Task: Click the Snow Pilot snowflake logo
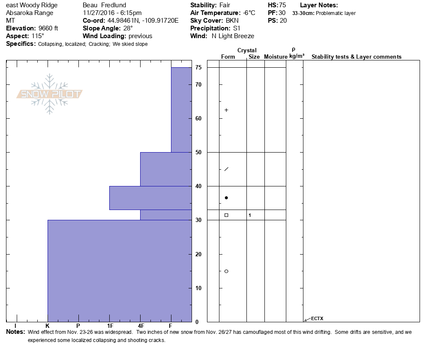[50, 94]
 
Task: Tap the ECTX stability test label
[317, 318]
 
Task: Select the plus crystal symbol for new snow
[226, 110]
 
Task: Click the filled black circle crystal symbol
[226, 198]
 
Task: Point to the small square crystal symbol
[226, 215]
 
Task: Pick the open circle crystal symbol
[226, 271]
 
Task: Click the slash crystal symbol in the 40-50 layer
[226, 169]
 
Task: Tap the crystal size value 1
[250, 215]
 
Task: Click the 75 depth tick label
[198, 68]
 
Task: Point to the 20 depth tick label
[198, 254]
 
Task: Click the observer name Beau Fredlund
[104, 5]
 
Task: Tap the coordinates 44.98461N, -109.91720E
[141, 21]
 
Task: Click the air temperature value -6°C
[246, 13]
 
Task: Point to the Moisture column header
[276, 57]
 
